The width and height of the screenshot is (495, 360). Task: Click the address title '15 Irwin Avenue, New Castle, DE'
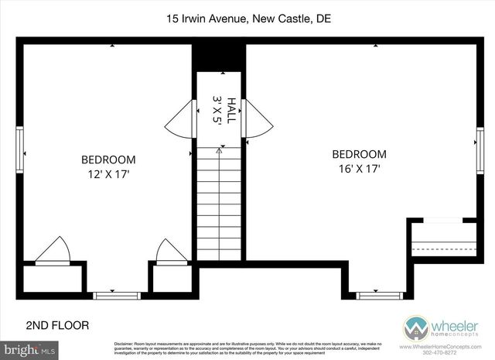[x=247, y=19]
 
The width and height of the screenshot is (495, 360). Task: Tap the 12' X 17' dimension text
[x=108, y=174]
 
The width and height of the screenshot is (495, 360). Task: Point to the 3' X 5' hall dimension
[x=217, y=110]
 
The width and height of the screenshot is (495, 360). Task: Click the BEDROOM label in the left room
[x=108, y=160]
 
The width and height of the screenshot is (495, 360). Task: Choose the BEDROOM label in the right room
[x=359, y=153]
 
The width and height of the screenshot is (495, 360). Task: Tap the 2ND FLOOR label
[x=58, y=325]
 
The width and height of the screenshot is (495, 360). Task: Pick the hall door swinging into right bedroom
[x=258, y=122]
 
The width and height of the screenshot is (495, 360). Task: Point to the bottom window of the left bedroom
[x=117, y=295]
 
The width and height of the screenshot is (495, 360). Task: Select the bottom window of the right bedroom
[x=379, y=295]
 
